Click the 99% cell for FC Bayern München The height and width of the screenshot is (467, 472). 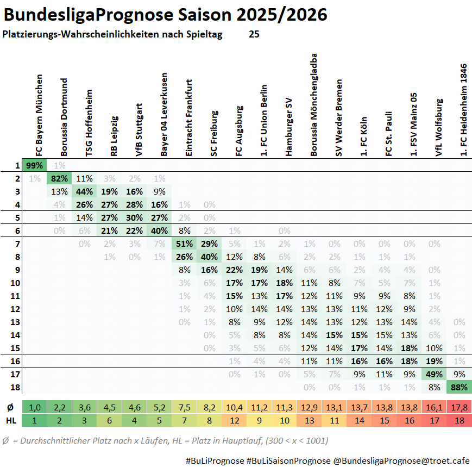(x=34, y=165)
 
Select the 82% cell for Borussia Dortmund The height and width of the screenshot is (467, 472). (x=59, y=178)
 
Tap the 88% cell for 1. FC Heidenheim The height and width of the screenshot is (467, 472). (x=460, y=387)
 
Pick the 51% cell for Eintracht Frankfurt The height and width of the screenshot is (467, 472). (x=185, y=244)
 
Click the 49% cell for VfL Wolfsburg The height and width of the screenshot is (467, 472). (x=435, y=374)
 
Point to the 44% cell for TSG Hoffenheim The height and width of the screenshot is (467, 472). (x=84, y=191)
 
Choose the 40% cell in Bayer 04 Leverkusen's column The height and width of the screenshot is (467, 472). (x=160, y=231)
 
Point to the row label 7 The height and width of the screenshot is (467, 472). (x=17, y=244)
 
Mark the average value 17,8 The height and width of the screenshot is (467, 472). (x=460, y=407)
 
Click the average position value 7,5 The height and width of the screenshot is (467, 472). (x=185, y=407)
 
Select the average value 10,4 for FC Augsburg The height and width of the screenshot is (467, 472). (x=235, y=407)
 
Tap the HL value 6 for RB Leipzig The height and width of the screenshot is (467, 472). (x=109, y=420)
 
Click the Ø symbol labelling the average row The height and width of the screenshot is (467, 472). (x=10, y=407)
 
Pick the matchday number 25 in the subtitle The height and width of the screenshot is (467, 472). (x=254, y=34)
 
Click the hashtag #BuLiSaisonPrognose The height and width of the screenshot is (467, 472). (x=288, y=460)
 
